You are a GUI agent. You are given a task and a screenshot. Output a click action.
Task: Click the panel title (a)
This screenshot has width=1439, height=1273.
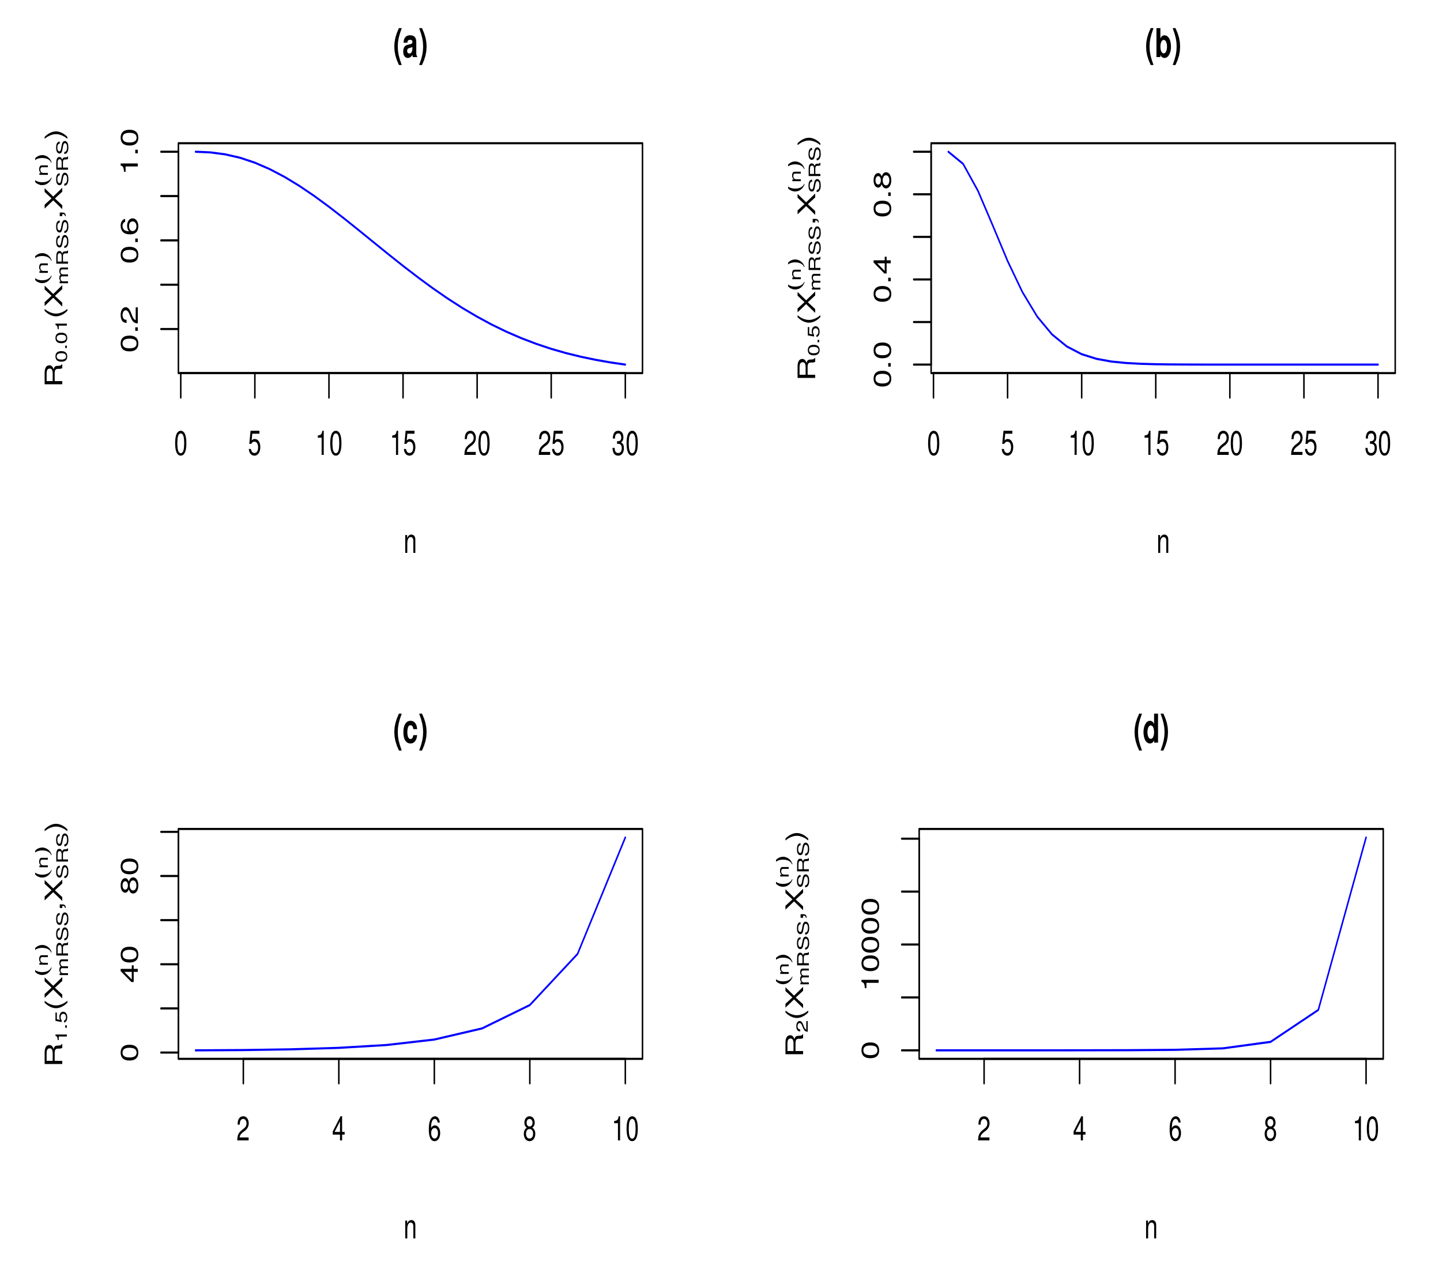point(410,47)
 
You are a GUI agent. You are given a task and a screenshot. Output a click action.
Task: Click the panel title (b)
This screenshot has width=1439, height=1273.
point(1162,47)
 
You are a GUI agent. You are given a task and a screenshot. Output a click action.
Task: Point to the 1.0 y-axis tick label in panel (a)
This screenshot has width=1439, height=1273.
point(130,152)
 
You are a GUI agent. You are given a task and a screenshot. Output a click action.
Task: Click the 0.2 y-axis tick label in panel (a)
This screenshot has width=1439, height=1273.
point(130,329)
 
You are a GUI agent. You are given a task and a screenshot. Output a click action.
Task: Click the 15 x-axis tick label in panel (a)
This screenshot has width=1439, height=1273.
point(402,445)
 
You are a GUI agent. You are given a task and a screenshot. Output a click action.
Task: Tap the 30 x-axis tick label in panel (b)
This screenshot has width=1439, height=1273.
point(1377,445)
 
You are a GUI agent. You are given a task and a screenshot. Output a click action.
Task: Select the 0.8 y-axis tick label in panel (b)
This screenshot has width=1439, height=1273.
point(882,194)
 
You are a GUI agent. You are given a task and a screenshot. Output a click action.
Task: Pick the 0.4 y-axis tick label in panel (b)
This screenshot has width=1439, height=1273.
point(882,280)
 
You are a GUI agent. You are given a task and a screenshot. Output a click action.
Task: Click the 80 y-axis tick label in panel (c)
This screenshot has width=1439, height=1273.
point(130,876)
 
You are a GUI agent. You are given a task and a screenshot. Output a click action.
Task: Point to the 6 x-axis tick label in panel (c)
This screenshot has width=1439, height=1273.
point(434,1129)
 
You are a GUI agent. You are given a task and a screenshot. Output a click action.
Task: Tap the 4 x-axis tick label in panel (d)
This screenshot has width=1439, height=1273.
point(1079,1129)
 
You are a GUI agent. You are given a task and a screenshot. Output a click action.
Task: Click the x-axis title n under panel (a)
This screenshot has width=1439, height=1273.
point(410,543)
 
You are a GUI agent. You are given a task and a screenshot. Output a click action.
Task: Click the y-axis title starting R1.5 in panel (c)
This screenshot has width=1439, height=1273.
point(55,943)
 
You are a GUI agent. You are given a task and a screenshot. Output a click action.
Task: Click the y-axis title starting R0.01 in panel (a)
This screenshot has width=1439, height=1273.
point(55,258)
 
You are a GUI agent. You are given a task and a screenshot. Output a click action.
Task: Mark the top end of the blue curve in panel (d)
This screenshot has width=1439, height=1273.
point(1366,838)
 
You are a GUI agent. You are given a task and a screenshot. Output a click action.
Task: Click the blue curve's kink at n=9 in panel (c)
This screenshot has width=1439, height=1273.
point(577,954)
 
